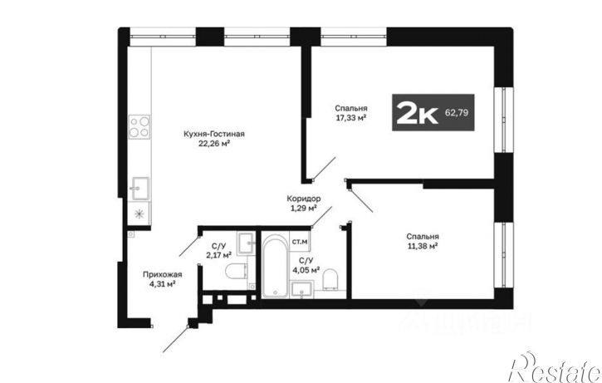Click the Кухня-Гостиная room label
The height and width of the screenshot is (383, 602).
click(x=214, y=134)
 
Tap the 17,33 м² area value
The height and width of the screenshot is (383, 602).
click(x=350, y=118)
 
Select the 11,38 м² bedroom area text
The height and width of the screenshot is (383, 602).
click(x=423, y=246)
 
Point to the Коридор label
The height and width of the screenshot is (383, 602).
click(x=304, y=199)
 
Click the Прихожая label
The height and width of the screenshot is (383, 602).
click(x=163, y=275)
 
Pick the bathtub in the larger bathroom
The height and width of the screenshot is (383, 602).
click(x=276, y=265)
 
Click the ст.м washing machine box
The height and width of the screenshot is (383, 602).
click(x=300, y=242)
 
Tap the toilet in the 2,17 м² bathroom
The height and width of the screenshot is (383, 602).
click(x=236, y=271)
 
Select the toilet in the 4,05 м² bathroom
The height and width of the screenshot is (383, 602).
click(x=330, y=279)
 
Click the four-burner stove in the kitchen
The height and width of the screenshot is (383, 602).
click(x=139, y=127)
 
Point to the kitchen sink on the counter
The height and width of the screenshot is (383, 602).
click(x=140, y=189)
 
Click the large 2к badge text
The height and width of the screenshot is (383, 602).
click(x=418, y=112)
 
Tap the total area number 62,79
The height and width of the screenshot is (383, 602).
click(x=457, y=113)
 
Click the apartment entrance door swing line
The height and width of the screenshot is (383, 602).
click(x=175, y=339)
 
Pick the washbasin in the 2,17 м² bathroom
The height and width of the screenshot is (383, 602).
click(x=246, y=243)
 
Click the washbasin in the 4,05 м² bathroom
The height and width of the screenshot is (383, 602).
click(x=301, y=289)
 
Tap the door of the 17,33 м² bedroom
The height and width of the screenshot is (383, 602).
click(x=325, y=169)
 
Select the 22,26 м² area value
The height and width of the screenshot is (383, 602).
click(x=214, y=144)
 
